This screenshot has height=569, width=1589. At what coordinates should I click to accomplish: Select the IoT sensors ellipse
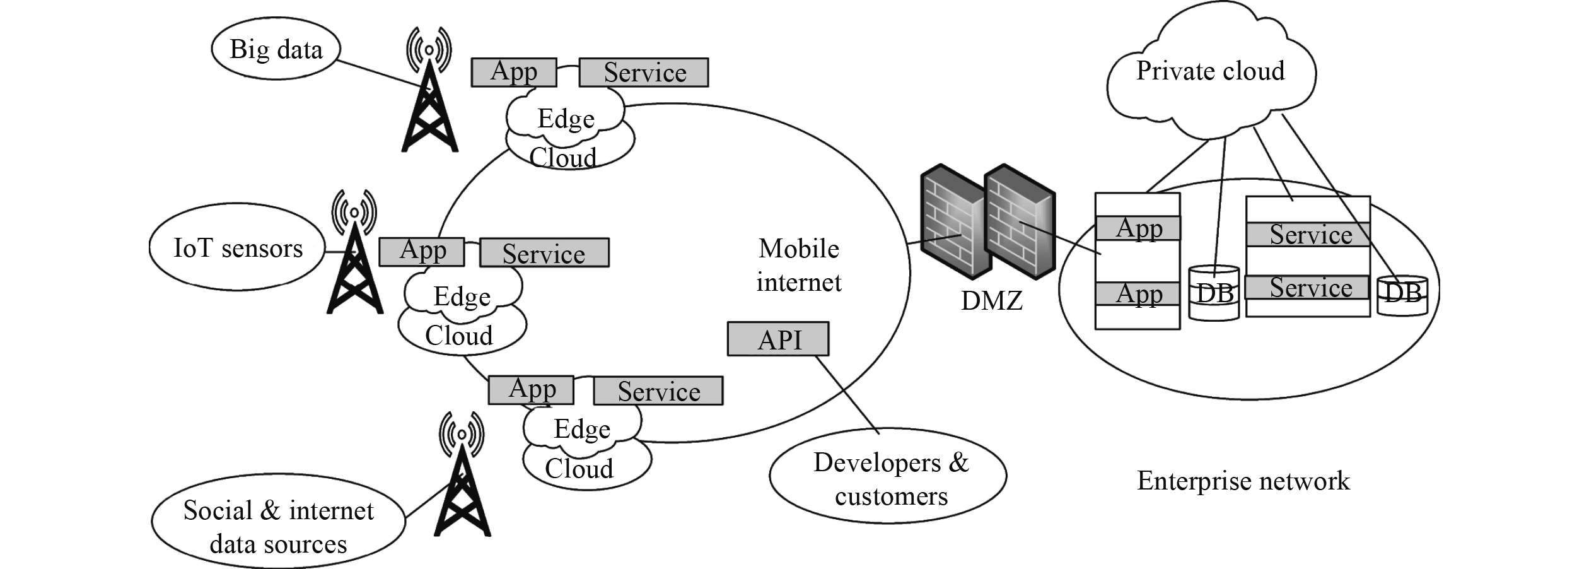[238, 248]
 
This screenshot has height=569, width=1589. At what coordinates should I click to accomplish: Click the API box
[778, 339]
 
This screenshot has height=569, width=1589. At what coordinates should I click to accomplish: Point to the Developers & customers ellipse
[888, 476]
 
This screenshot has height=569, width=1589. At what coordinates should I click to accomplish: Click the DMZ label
[991, 301]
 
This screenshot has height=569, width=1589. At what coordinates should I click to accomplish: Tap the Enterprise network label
[1243, 481]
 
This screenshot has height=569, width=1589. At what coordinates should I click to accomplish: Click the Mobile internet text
[799, 266]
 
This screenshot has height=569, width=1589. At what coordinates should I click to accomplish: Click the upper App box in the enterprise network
[1138, 228]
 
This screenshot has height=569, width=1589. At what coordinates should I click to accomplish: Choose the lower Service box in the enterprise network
[1308, 288]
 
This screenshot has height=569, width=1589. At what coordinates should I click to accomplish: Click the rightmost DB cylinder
[1402, 295]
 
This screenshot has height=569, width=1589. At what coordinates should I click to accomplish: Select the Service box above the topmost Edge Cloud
[644, 73]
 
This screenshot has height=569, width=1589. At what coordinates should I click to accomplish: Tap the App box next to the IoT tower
[422, 252]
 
